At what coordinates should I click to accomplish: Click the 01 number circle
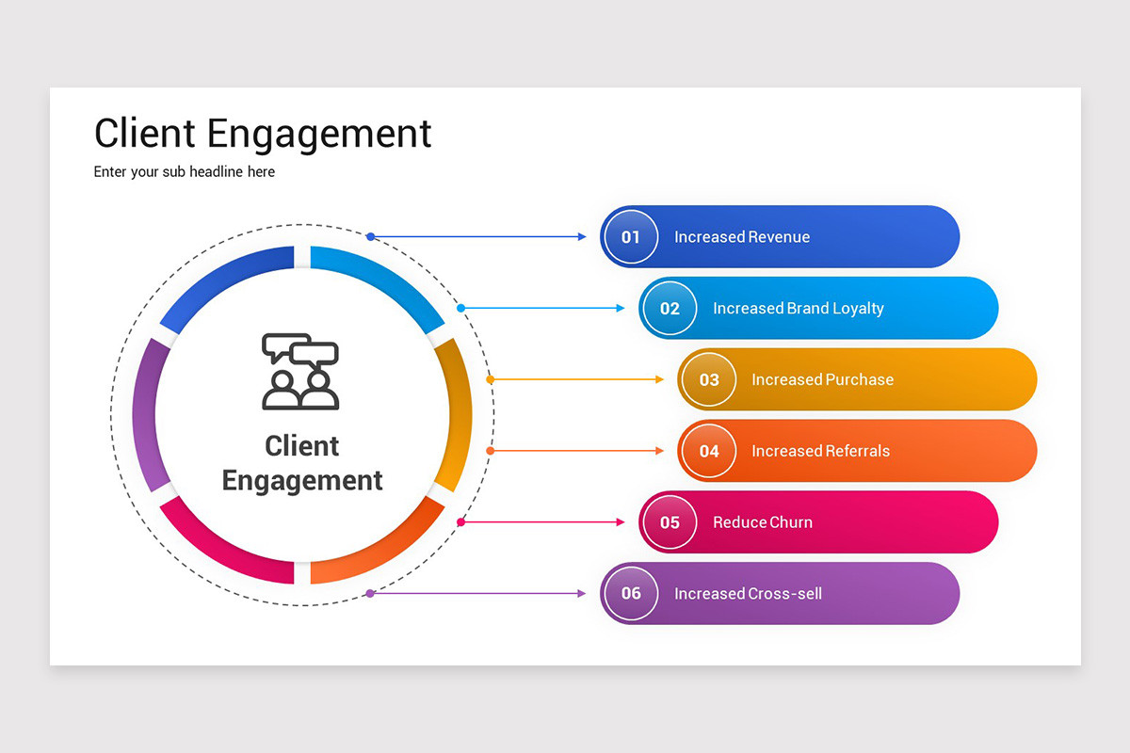[x=631, y=237]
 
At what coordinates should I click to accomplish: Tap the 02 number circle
[x=670, y=309]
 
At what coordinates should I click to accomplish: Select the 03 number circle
[x=708, y=379]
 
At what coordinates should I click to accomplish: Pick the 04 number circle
[x=708, y=451]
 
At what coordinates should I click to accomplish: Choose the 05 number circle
[x=670, y=522]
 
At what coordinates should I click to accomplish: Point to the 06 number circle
[x=631, y=593]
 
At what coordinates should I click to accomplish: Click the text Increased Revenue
[x=742, y=237]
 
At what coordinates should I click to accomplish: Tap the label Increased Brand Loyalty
[x=799, y=309]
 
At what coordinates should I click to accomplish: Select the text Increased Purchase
[x=822, y=379]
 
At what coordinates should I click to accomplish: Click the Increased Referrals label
[x=820, y=451]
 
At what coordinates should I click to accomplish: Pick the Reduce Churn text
[x=763, y=522]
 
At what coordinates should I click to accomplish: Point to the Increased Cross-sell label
[x=748, y=593]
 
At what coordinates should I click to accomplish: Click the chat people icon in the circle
[x=300, y=371]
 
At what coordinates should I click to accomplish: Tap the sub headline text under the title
[x=185, y=172]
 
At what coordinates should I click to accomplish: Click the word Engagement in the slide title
[x=318, y=134]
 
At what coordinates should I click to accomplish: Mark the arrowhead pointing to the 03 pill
[x=659, y=379]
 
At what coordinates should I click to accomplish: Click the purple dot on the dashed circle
[x=370, y=593]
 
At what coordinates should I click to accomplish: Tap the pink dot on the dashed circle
[x=460, y=521]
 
